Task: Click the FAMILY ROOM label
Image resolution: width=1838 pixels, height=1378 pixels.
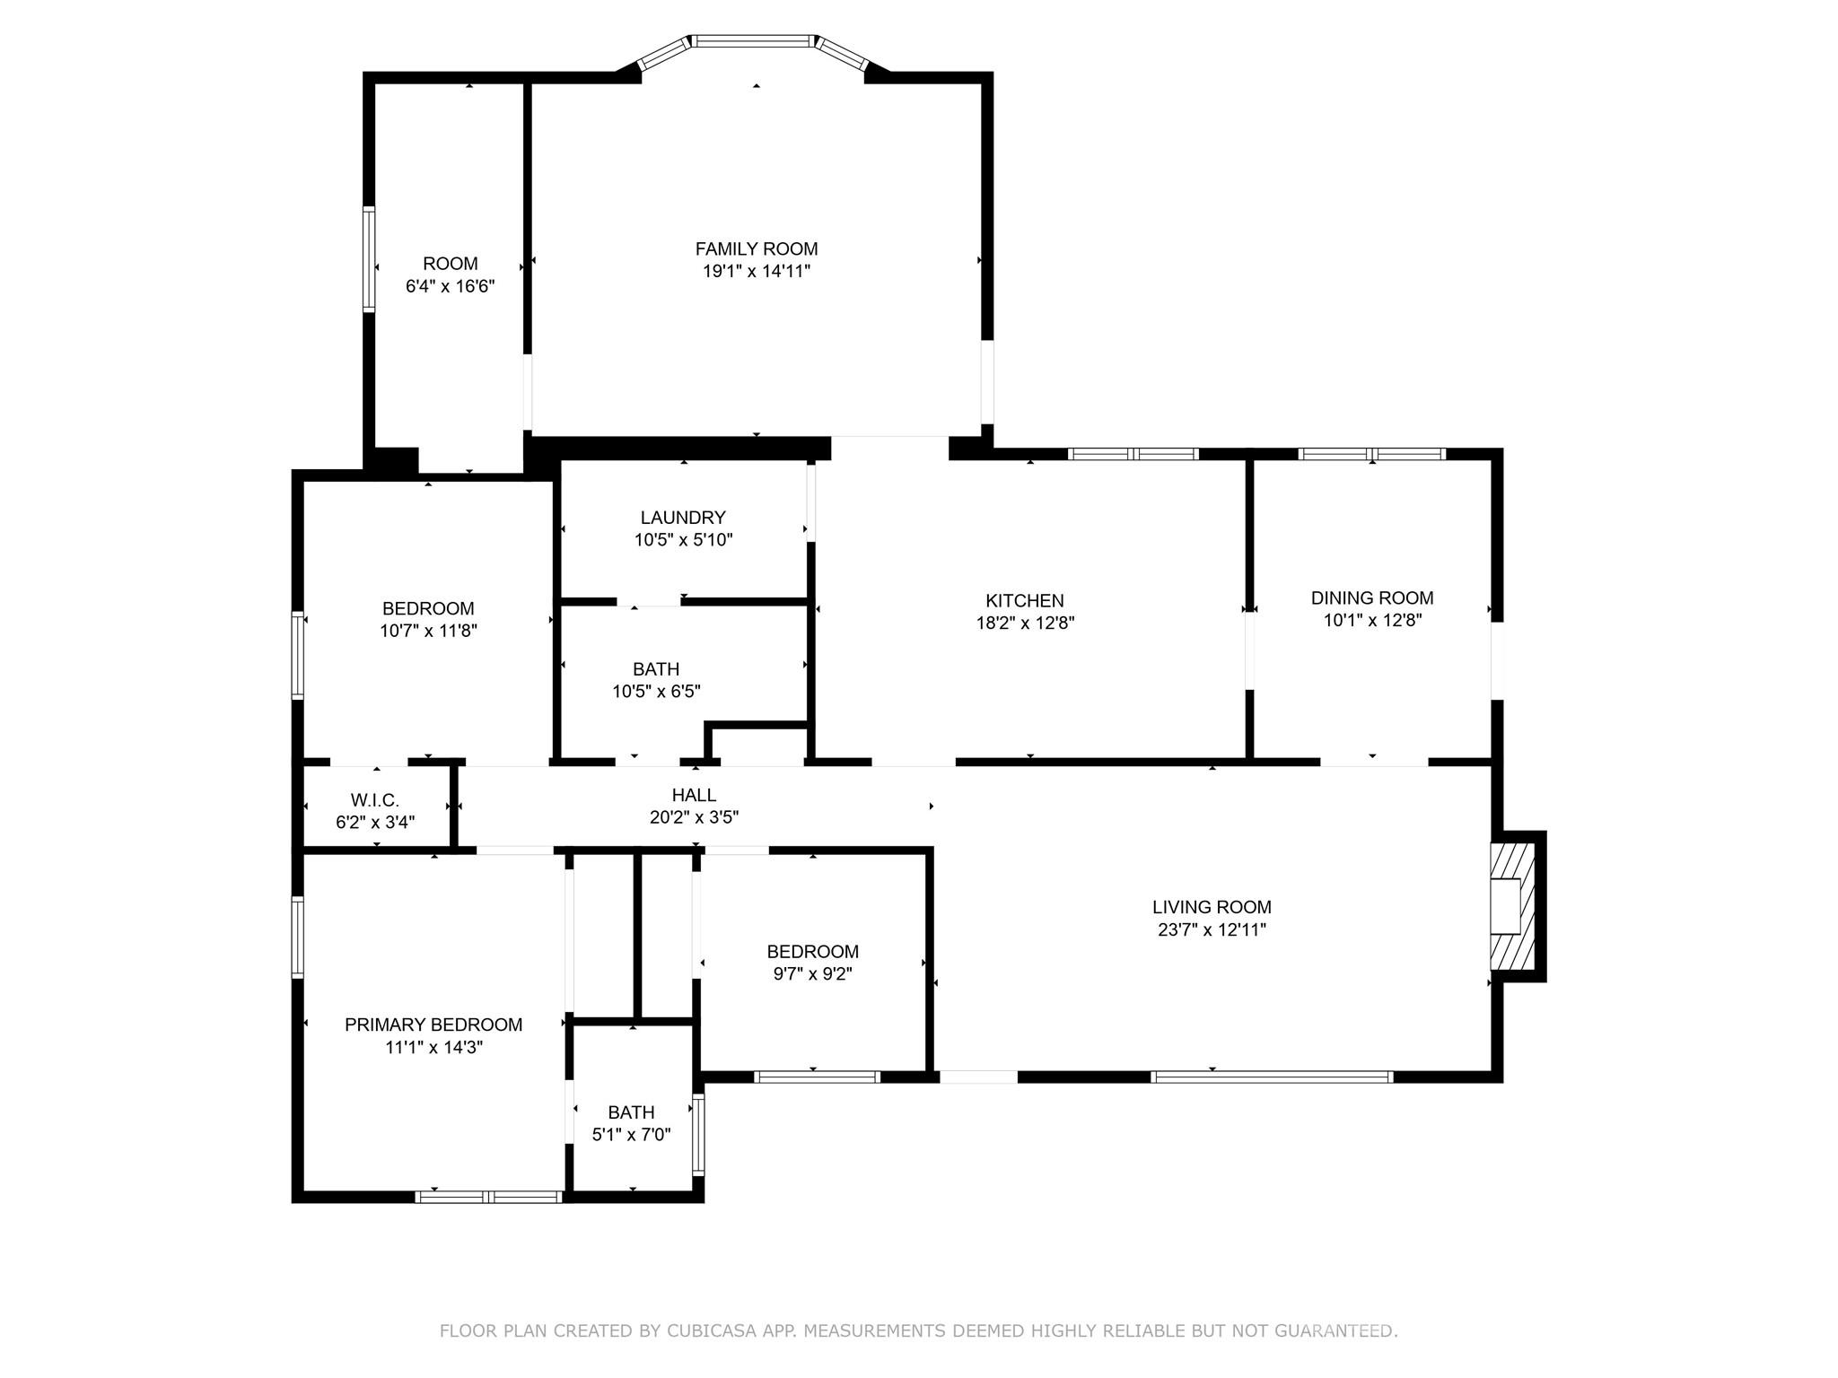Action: pyautogui.click(x=756, y=249)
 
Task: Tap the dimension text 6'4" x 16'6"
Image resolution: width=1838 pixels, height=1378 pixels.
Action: pyautogui.click(x=450, y=286)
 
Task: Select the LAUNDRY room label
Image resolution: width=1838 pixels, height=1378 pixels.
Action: pyautogui.click(x=682, y=517)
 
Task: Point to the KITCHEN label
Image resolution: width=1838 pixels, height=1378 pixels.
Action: pyautogui.click(x=1024, y=600)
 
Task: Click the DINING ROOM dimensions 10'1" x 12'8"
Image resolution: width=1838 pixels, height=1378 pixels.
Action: pyautogui.click(x=1371, y=620)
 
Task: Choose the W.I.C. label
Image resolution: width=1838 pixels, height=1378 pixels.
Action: pyautogui.click(x=374, y=799)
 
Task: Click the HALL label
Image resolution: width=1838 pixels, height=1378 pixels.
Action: pyautogui.click(x=694, y=794)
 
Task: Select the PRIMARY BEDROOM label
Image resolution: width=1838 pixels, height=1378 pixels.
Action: pyautogui.click(x=433, y=1024)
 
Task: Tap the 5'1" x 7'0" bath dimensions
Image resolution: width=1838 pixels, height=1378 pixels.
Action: pyautogui.click(x=631, y=1134)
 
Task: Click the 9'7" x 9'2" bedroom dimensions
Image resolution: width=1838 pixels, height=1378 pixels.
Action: pyautogui.click(x=812, y=973)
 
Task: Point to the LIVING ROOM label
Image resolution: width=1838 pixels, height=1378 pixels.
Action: pyautogui.click(x=1211, y=906)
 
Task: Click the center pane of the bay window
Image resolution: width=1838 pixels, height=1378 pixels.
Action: pyautogui.click(x=754, y=40)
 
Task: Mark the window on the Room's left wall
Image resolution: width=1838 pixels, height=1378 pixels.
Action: pyautogui.click(x=368, y=258)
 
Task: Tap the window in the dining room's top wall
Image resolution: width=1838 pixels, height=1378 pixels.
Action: pyautogui.click(x=1371, y=454)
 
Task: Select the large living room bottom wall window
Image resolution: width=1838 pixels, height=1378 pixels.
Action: pyautogui.click(x=1271, y=1077)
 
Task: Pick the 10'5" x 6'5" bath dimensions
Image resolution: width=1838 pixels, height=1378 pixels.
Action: pyautogui.click(x=656, y=691)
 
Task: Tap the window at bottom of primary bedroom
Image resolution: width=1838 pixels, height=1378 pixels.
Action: pyautogui.click(x=489, y=1196)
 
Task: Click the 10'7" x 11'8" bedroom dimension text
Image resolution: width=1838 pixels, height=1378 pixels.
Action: pyautogui.click(x=427, y=631)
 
